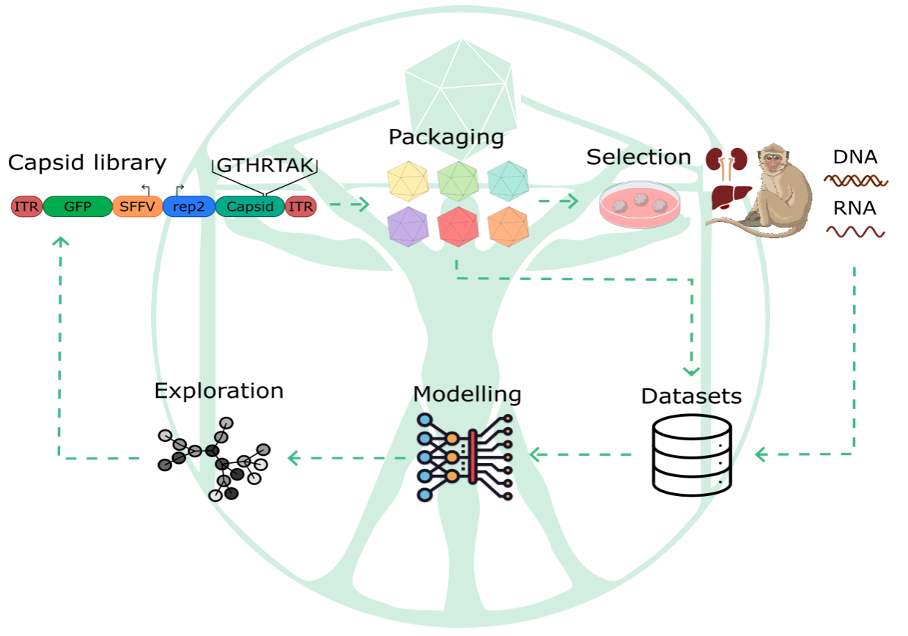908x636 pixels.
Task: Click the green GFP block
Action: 77,207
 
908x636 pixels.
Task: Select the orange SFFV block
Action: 137,207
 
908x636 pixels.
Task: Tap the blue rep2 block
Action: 188,207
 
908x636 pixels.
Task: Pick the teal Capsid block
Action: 249,207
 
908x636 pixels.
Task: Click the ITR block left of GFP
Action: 26,207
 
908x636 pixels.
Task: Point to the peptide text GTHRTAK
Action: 264,165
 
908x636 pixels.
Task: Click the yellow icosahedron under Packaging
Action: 407,181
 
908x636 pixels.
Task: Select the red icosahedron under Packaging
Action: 458,226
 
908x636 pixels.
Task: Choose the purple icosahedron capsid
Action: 407,226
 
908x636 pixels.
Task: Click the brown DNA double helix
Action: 855,180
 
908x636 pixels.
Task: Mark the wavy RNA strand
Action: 855,232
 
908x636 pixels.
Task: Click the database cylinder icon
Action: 691,454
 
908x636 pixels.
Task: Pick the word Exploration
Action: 218,391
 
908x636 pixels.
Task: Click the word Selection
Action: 638,157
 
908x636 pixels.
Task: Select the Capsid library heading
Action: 87,163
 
